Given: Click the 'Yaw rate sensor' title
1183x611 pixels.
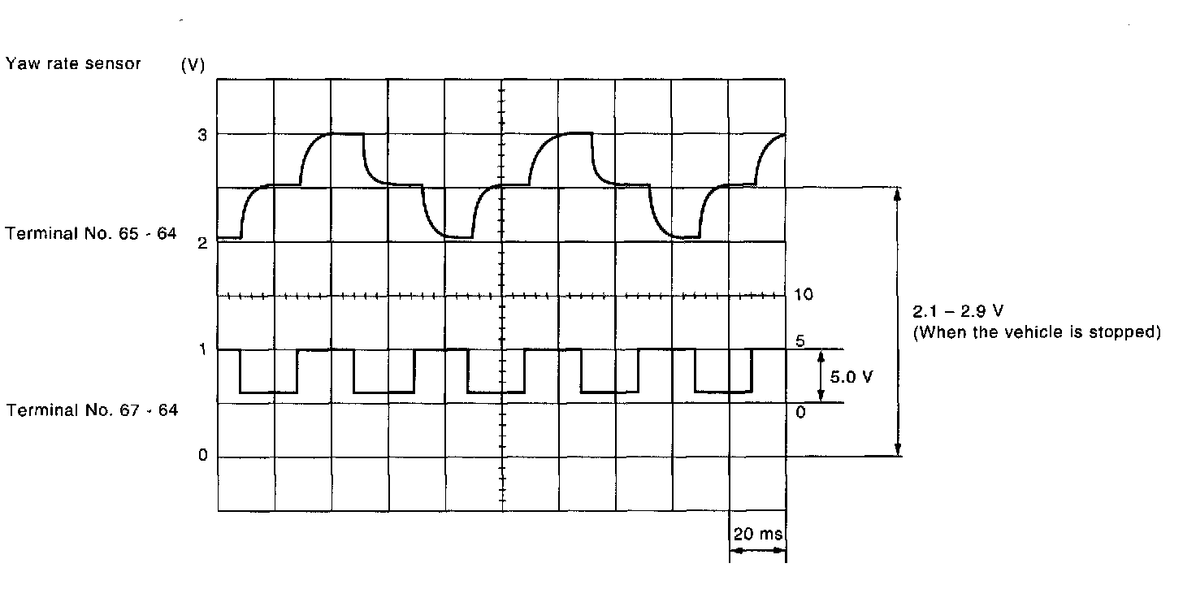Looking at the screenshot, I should point(73,64).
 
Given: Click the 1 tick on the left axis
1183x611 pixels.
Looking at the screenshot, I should point(202,349).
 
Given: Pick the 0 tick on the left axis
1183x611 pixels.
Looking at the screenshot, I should point(202,457).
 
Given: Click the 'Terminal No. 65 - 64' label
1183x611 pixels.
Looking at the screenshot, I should point(91,235).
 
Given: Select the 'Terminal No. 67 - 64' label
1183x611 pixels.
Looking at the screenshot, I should point(92,410).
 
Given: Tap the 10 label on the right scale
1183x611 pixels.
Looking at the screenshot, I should point(804,295).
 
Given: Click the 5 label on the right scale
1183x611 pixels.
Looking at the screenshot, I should point(800,342).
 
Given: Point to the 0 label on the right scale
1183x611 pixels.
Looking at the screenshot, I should point(800,412).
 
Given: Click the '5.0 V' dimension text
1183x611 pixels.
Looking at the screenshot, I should point(851,377).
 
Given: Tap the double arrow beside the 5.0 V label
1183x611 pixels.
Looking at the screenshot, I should point(821,376).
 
